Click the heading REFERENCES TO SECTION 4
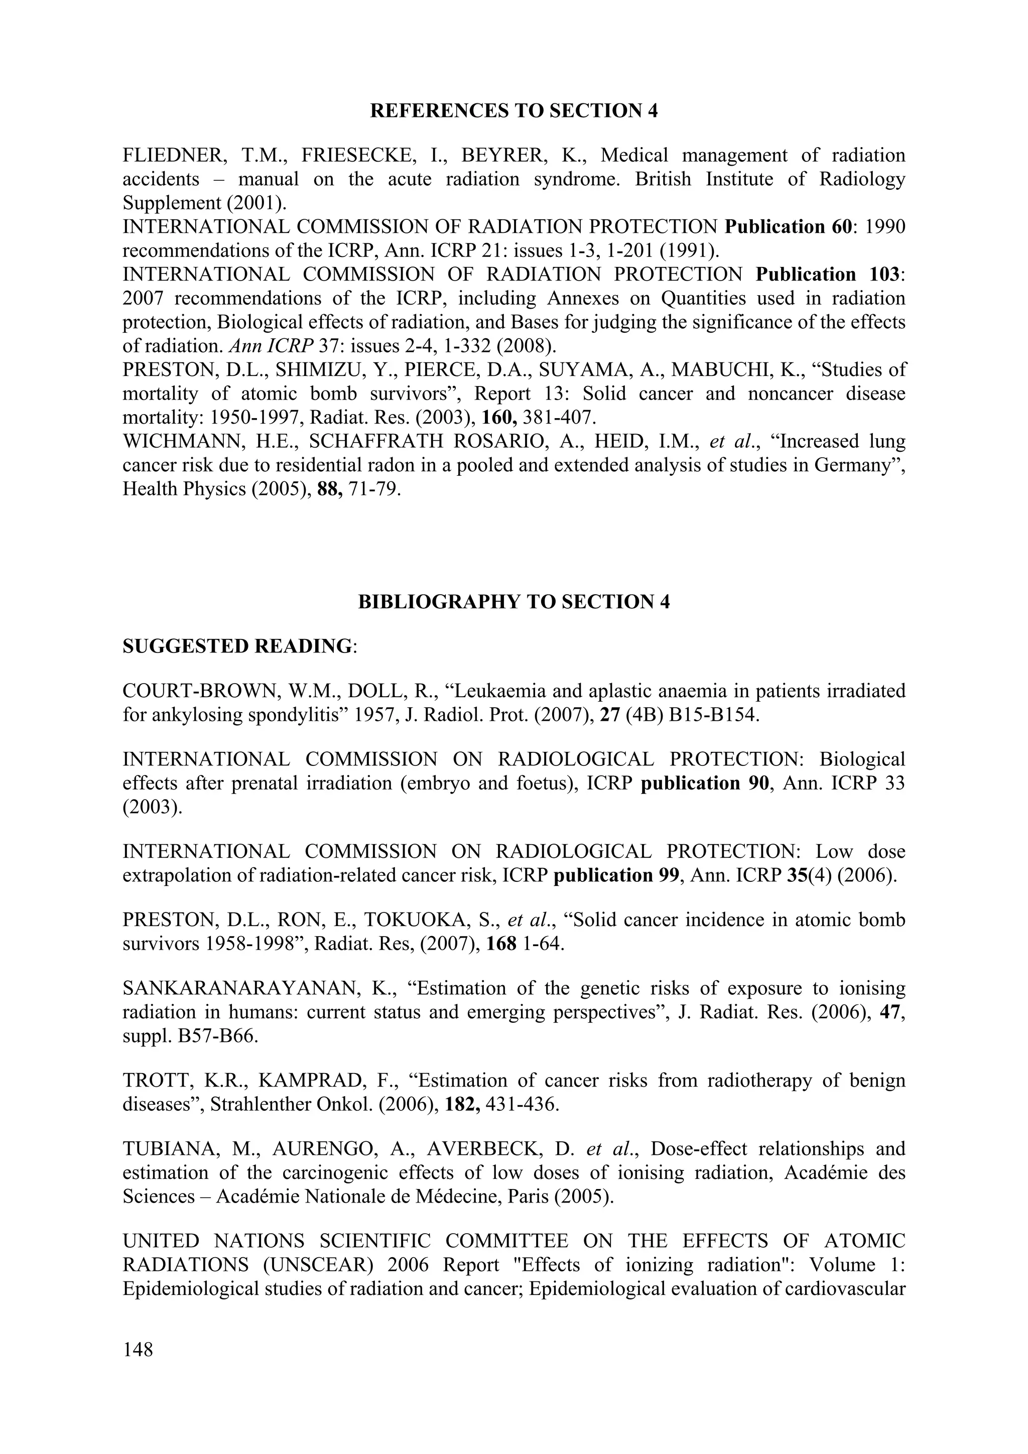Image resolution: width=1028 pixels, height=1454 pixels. tap(513, 111)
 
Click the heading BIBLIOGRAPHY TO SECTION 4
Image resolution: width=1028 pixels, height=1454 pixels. tap(513, 602)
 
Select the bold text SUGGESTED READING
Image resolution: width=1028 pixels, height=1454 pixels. tap(237, 646)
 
